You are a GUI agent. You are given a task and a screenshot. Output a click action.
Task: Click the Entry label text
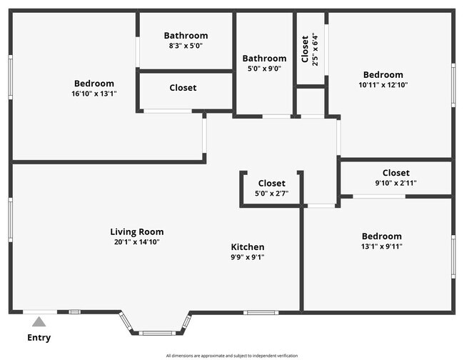(39, 338)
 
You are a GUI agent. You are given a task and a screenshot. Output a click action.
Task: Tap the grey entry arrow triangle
(39, 322)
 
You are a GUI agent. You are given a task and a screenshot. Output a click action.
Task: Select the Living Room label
(136, 231)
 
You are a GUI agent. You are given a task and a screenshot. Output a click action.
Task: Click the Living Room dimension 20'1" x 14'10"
(136, 242)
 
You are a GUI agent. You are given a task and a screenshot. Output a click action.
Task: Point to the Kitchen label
(247, 247)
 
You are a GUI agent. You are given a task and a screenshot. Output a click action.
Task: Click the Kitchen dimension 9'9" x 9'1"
(247, 257)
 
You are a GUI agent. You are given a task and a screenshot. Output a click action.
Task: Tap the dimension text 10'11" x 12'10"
(383, 85)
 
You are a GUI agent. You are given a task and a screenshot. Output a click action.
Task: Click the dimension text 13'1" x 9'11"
(381, 247)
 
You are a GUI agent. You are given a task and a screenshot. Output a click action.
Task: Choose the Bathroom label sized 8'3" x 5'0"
(186, 36)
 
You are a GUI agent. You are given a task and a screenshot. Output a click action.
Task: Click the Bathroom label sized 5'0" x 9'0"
(264, 59)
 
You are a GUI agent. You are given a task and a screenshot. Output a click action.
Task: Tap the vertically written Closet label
(306, 49)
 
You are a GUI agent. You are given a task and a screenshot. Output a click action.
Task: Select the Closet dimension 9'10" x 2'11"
(395, 183)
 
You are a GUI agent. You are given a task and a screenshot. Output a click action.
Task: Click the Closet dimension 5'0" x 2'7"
(271, 194)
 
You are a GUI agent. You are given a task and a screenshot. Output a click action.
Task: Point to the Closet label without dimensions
(183, 88)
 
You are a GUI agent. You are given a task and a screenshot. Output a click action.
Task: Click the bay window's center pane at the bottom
(156, 333)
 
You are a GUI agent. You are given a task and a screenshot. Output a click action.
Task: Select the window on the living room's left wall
(11, 220)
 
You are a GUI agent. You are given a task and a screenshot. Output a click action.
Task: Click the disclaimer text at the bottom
(232, 356)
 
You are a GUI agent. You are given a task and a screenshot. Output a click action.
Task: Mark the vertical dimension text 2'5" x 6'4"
(315, 49)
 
